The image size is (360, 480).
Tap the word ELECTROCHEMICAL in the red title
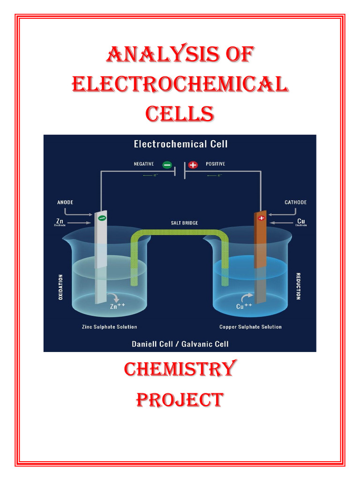pyautogui.click(x=180, y=85)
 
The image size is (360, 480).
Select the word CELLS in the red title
pyautogui.click(x=180, y=113)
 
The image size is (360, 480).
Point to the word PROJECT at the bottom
pyautogui.click(x=180, y=400)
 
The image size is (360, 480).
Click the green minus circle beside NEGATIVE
pyautogui.click(x=167, y=165)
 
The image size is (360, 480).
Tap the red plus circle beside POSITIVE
pyautogui.click(x=193, y=165)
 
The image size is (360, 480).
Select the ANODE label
pyautogui.click(x=65, y=202)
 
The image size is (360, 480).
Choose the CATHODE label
pyautogui.click(x=296, y=202)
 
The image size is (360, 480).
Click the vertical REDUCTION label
pyautogui.click(x=299, y=286)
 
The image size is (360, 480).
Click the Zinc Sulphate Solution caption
pyautogui.click(x=110, y=327)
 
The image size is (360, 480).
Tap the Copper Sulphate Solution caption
pyautogui.click(x=251, y=327)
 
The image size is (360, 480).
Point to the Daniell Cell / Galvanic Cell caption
pyautogui.click(x=180, y=344)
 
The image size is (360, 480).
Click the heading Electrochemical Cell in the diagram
pyautogui.click(x=180, y=144)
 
